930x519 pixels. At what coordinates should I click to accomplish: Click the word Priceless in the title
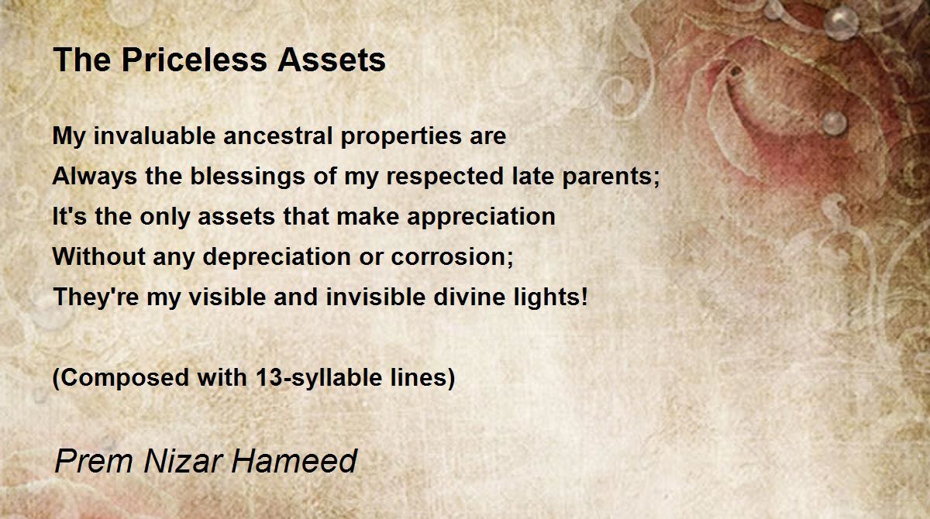tap(195, 60)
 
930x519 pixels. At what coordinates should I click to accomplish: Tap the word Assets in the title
tap(332, 60)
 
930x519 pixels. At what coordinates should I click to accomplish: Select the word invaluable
tap(154, 136)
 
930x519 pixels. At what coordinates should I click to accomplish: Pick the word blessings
tap(248, 177)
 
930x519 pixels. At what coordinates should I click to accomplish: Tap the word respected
tap(445, 177)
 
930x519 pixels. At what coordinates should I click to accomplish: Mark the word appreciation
tap(480, 218)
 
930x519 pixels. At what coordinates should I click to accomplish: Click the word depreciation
tap(277, 258)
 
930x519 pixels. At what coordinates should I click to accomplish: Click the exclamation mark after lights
tap(584, 297)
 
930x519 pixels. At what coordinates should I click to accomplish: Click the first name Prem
tap(94, 461)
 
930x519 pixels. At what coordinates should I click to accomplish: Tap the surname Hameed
tap(294, 461)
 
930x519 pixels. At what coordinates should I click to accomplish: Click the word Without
tap(99, 257)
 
